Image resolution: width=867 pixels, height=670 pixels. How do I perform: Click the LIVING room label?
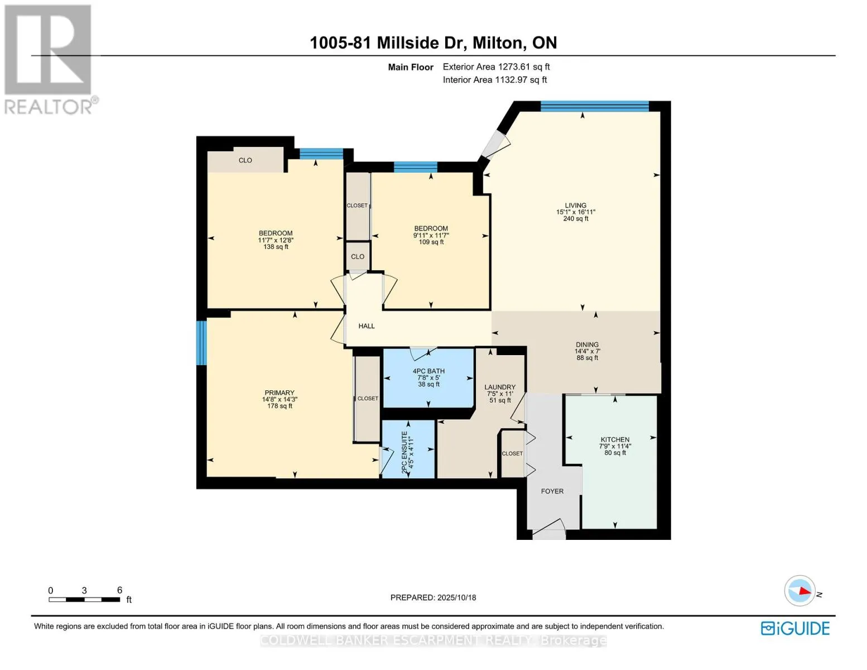(x=575, y=205)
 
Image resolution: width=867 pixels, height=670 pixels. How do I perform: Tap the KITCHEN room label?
(x=614, y=439)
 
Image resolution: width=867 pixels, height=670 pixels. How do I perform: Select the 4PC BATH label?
(x=428, y=371)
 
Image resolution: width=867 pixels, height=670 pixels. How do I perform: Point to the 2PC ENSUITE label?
(x=404, y=453)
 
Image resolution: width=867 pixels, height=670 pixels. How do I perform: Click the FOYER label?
(x=552, y=491)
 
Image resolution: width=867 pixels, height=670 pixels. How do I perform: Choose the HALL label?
(x=366, y=326)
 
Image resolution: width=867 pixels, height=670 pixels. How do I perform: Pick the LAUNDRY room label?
(x=500, y=387)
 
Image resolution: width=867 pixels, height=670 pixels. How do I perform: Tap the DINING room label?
(x=587, y=344)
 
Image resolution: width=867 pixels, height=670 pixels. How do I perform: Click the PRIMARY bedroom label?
(x=280, y=393)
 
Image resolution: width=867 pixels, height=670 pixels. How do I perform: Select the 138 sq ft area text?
(x=276, y=247)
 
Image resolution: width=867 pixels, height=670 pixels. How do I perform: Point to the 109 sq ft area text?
(x=431, y=242)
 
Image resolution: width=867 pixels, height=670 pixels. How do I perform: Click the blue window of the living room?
(x=595, y=106)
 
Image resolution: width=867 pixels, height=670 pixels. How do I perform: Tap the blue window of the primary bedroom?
(x=201, y=343)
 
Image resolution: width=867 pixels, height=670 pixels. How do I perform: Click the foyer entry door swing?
(x=548, y=529)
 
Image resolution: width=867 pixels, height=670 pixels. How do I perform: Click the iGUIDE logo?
(x=795, y=629)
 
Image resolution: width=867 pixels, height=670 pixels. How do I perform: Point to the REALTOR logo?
(x=50, y=60)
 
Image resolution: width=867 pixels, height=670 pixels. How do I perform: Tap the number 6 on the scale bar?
(x=119, y=590)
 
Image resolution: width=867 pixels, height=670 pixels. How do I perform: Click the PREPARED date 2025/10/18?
(x=456, y=597)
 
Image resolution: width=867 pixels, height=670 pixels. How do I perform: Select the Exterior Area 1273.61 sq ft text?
(x=497, y=66)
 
